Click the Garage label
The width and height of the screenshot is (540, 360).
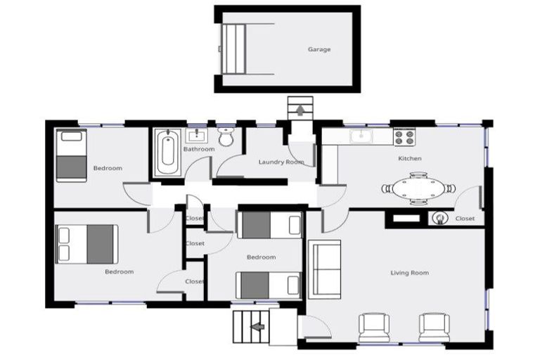point(319,49)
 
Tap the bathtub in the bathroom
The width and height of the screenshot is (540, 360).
point(168,153)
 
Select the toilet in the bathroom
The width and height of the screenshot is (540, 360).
point(226,136)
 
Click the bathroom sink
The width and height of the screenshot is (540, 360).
point(197,136)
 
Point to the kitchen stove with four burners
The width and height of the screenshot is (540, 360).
point(404,136)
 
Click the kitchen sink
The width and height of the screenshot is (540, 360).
point(361,136)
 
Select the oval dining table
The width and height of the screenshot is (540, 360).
point(418,188)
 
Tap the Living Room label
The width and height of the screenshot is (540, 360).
point(409,273)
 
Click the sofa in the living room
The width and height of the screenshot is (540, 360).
point(325,269)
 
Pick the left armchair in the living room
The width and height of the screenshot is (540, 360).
point(374,328)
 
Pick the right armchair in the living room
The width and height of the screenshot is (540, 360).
point(435,328)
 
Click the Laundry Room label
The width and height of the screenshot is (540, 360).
point(281,162)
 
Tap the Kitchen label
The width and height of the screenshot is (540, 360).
point(410,158)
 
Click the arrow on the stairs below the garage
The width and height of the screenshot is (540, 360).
point(300,110)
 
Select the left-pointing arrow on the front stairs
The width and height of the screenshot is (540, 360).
point(257,326)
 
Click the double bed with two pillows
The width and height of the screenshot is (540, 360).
point(86,244)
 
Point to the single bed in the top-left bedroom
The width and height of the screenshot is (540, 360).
point(71,155)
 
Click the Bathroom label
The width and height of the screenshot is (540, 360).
point(199,149)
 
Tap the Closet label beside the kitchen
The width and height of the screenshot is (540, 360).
point(465,219)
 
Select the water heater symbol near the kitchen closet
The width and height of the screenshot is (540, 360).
point(439,218)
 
